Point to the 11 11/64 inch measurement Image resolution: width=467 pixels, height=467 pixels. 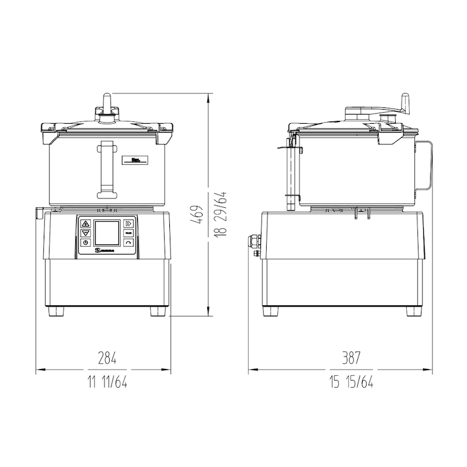[x=107, y=382]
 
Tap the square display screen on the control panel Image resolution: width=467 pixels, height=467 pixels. [x=107, y=233]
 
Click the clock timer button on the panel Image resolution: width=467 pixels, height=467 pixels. [x=86, y=242]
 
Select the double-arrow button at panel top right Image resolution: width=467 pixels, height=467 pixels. [x=128, y=223]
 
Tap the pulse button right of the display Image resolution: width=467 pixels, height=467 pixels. [x=128, y=232]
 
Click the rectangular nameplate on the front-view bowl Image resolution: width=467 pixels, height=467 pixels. [x=133, y=160]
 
